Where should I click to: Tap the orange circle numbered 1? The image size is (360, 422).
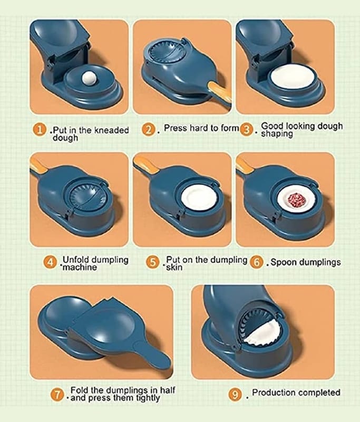[39, 130]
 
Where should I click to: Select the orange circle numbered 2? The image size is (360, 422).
[148, 130]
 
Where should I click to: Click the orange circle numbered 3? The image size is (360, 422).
[246, 130]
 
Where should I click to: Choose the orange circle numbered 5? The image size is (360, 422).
[153, 262]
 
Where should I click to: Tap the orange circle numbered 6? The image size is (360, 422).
[256, 262]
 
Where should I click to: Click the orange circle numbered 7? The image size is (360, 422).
[57, 395]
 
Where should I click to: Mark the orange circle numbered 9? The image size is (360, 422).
[235, 395]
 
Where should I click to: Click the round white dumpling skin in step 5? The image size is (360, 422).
[199, 199]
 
